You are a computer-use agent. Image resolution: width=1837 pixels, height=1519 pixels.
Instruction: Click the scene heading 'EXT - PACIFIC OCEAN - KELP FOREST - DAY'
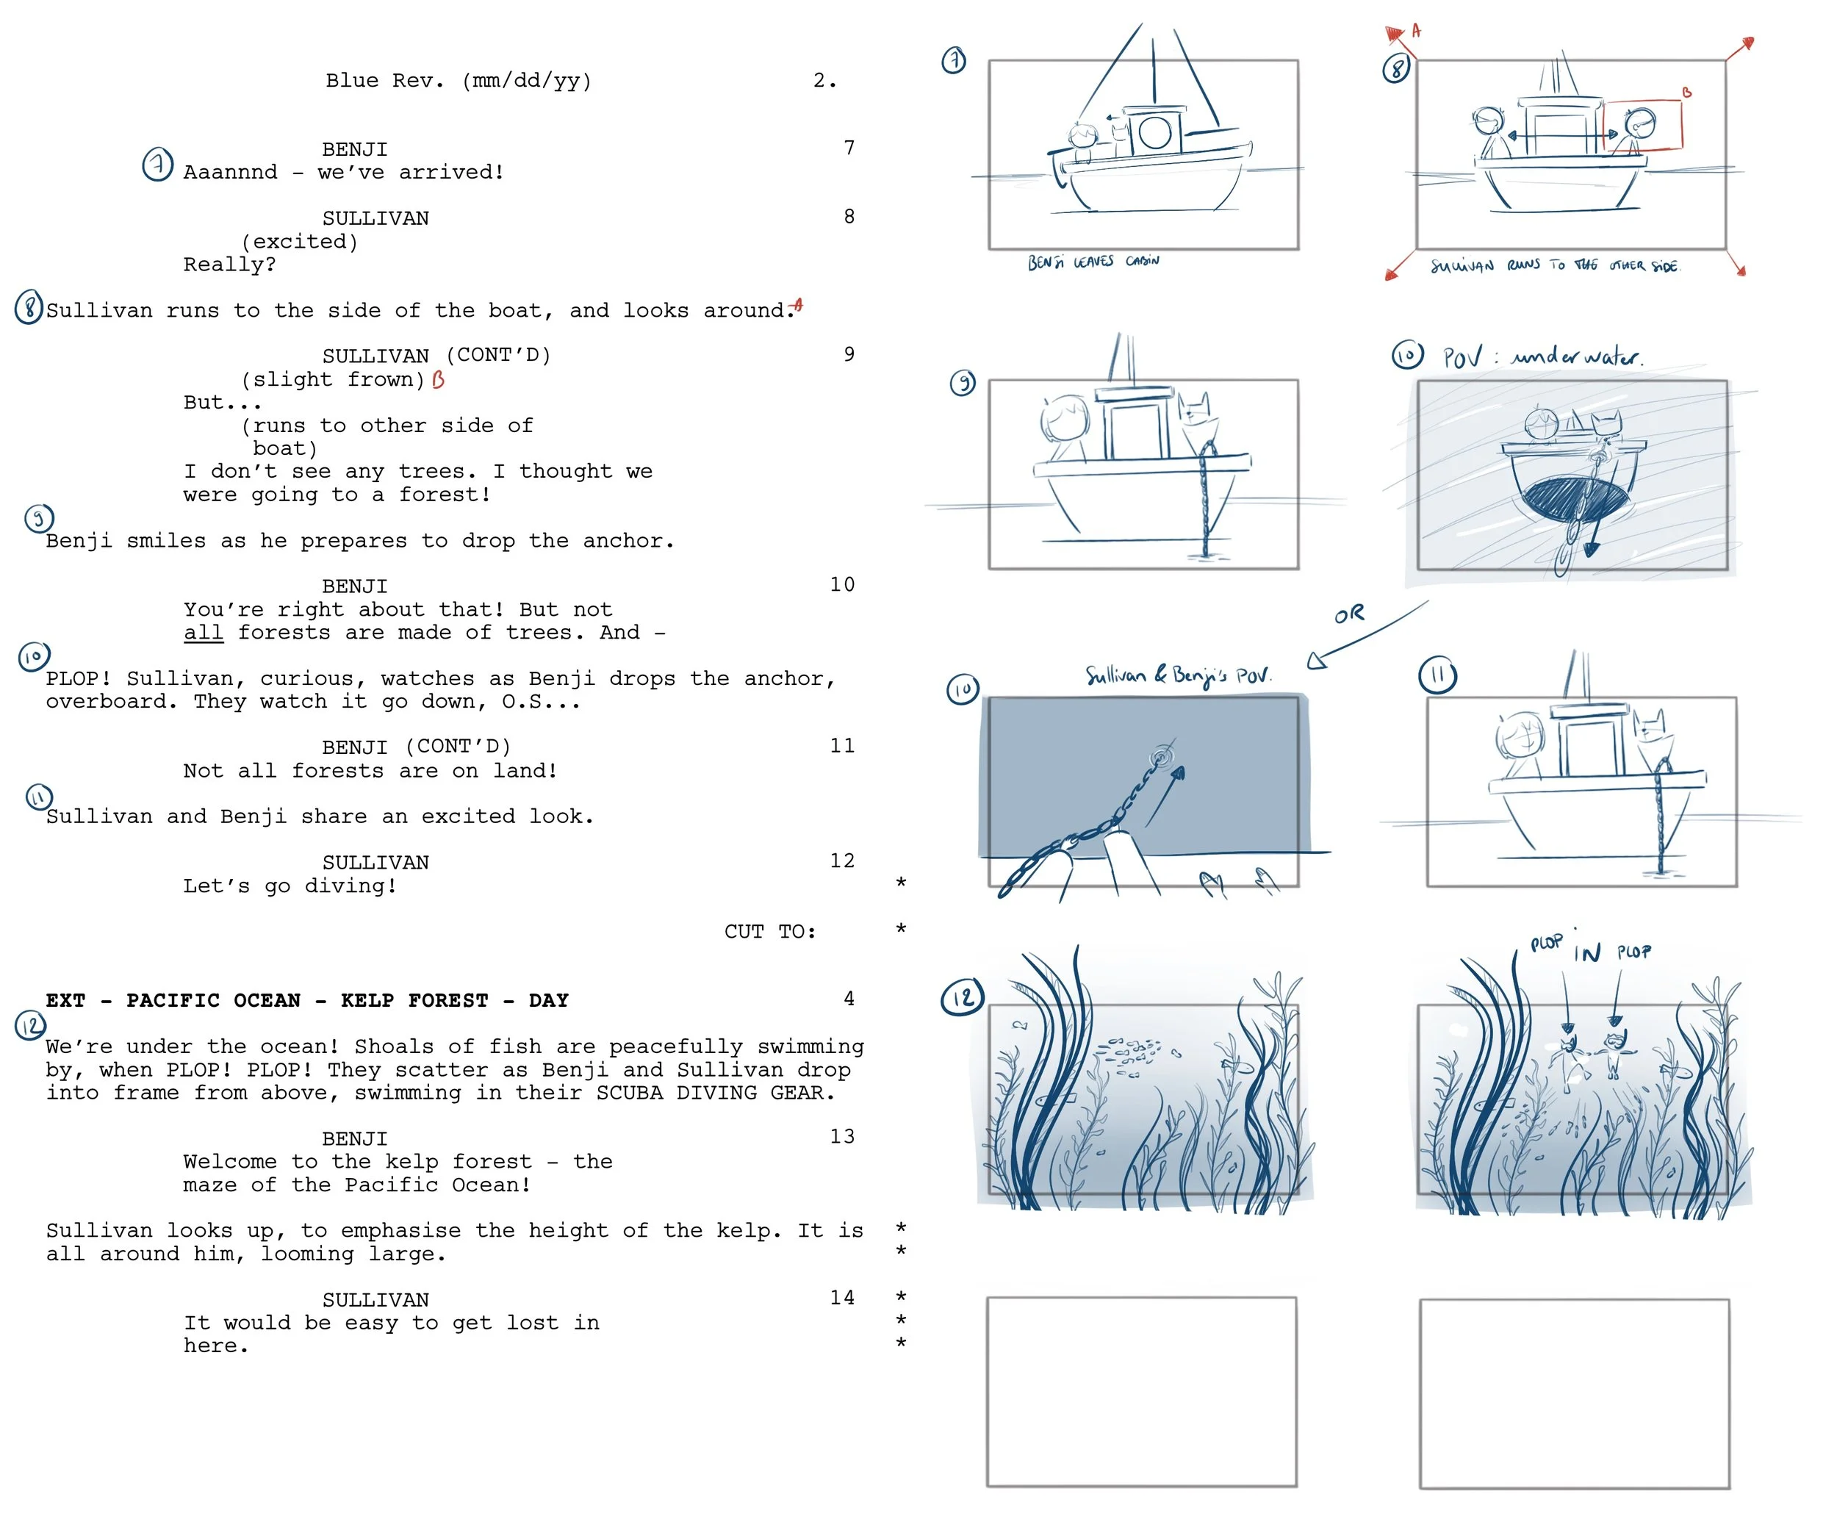(307, 1000)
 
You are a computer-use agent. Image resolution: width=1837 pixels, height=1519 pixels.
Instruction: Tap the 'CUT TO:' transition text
(770, 932)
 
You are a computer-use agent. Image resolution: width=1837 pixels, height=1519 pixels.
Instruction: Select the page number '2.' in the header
(824, 81)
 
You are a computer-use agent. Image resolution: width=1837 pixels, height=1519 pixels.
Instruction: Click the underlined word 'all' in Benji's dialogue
(203, 633)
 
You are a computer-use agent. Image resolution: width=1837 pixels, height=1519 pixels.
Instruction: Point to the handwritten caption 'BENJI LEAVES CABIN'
(1093, 262)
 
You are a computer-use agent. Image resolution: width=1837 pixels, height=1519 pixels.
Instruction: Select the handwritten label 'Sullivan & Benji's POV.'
(1177, 675)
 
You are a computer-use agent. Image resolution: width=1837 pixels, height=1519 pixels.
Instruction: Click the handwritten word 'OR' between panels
(1349, 614)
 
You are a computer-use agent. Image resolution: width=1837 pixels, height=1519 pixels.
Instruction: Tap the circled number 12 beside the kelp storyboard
(963, 997)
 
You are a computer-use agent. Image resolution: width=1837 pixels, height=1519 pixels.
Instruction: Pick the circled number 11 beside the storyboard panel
(1438, 675)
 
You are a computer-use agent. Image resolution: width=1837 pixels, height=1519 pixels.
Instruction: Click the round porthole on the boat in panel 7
(1154, 132)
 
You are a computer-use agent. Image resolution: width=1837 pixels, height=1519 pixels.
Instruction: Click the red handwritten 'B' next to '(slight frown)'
(438, 380)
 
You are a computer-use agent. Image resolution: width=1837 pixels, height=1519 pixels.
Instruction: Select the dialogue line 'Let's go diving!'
(290, 886)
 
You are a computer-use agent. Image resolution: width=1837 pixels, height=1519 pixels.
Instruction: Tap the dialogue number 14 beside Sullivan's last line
(841, 1298)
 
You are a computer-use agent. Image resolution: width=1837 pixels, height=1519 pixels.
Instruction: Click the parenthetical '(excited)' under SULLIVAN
(300, 242)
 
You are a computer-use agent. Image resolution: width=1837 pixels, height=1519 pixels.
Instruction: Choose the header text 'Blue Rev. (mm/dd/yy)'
(459, 81)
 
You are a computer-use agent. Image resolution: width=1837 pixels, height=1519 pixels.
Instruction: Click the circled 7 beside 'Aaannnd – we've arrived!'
(157, 165)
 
